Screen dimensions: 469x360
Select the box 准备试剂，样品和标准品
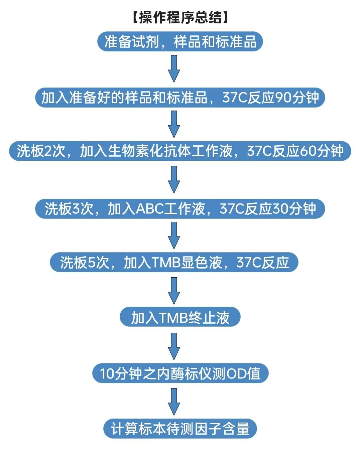coord(180,42)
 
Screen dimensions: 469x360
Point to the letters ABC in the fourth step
coord(149,209)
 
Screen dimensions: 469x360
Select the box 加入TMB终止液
coord(180,317)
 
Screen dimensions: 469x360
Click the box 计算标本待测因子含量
coord(180,429)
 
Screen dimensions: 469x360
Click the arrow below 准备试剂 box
coord(174,69)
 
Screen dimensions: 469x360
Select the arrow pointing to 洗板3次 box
coord(174,180)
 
